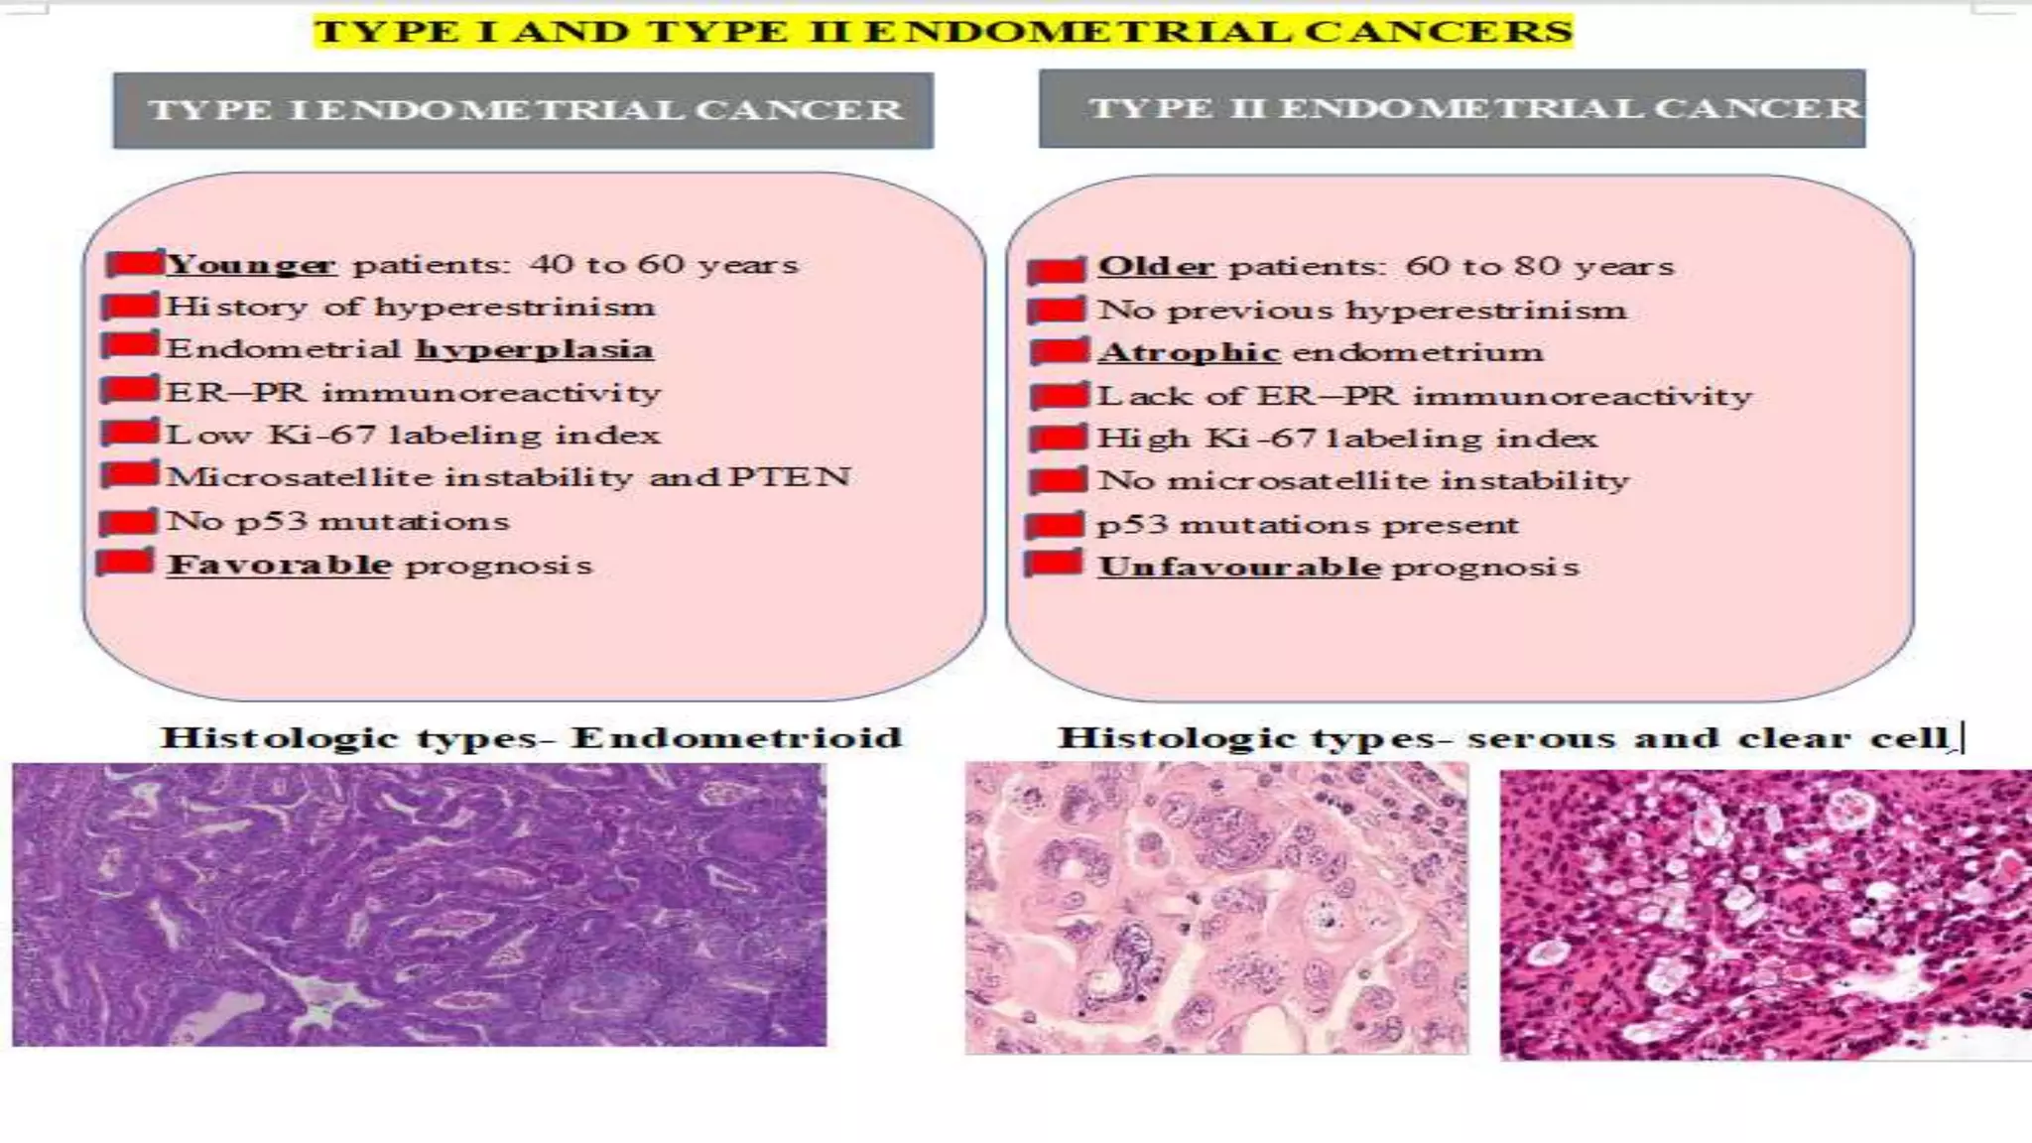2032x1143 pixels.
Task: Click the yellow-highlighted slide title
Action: tap(943, 31)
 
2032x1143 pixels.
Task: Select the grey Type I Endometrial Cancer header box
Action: tap(523, 110)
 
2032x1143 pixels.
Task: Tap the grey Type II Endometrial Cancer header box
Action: tap(1452, 108)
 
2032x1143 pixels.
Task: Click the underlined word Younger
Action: tap(250, 265)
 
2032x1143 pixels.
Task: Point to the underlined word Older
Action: tap(1156, 267)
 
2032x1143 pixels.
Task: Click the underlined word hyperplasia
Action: tap(534, 349)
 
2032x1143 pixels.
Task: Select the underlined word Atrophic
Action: tap(1189, 353)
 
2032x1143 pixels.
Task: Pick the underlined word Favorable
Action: tap(279, 565)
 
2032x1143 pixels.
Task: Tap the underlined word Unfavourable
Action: tap(1239, 567)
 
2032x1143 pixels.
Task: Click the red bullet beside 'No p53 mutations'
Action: tap(129, 521)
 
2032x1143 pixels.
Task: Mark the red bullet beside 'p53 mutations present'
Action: tap(1055, 525)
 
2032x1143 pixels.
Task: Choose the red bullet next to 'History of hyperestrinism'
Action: tap(130, 307)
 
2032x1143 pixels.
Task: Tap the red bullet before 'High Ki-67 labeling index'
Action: tap(1058, 439)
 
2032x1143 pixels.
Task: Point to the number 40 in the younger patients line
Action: tap(551, 265)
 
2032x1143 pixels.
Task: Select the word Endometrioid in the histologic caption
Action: tap(736, 738)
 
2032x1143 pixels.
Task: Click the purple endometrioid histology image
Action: tap(419, 904)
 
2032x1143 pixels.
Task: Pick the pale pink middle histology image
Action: tap(1216, 907)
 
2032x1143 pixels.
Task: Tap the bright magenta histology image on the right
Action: tap(1765, 915)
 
